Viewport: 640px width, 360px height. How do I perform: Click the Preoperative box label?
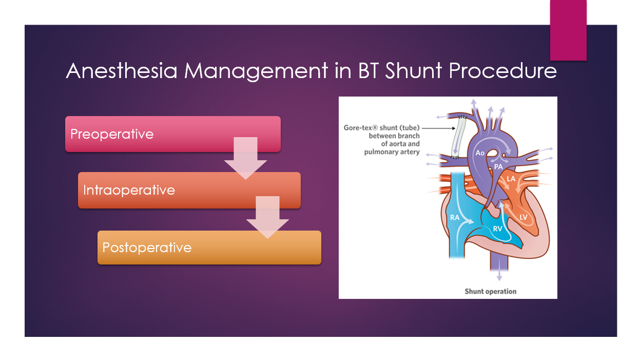(112, 134)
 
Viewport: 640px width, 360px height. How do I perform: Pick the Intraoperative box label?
(129, 190)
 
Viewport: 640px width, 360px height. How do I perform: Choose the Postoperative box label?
(147, 248)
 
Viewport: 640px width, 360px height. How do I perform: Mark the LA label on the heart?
(511, 179)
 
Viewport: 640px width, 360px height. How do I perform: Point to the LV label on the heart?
(523, 217)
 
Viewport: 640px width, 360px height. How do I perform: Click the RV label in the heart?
(497, 229)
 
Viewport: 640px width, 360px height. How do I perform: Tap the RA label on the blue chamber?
(455, 218)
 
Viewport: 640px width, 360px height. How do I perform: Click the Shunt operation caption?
(490, 291)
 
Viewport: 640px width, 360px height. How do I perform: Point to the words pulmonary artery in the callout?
(392, 152)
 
